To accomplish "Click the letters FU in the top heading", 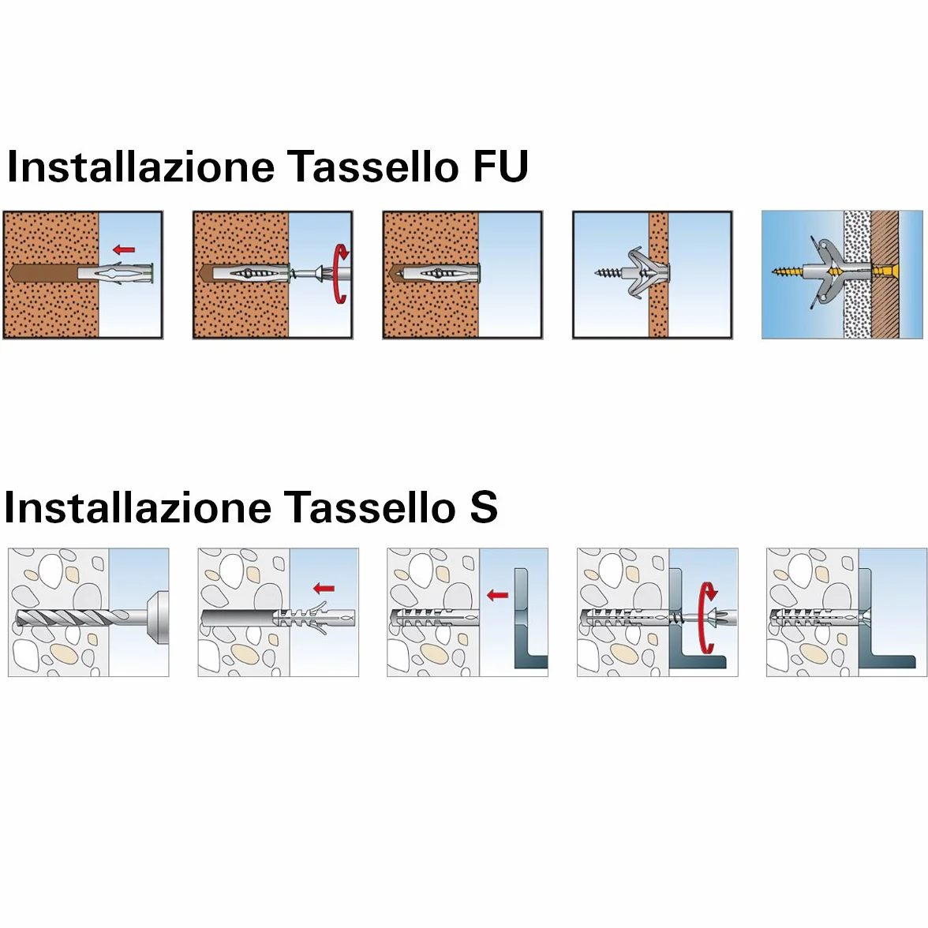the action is point(500,167).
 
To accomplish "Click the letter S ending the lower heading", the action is point(484,507).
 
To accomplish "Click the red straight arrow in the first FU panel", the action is point(124,249).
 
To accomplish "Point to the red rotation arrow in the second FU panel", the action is point(341,273).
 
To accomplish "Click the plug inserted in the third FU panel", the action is point(437,274).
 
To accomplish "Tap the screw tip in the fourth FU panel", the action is point(598,273).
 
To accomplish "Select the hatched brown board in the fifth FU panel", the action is point(885,275).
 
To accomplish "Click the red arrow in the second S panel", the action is point(324,589).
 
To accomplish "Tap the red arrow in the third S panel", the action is point(498,595).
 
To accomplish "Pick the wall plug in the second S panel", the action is point(314,618).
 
